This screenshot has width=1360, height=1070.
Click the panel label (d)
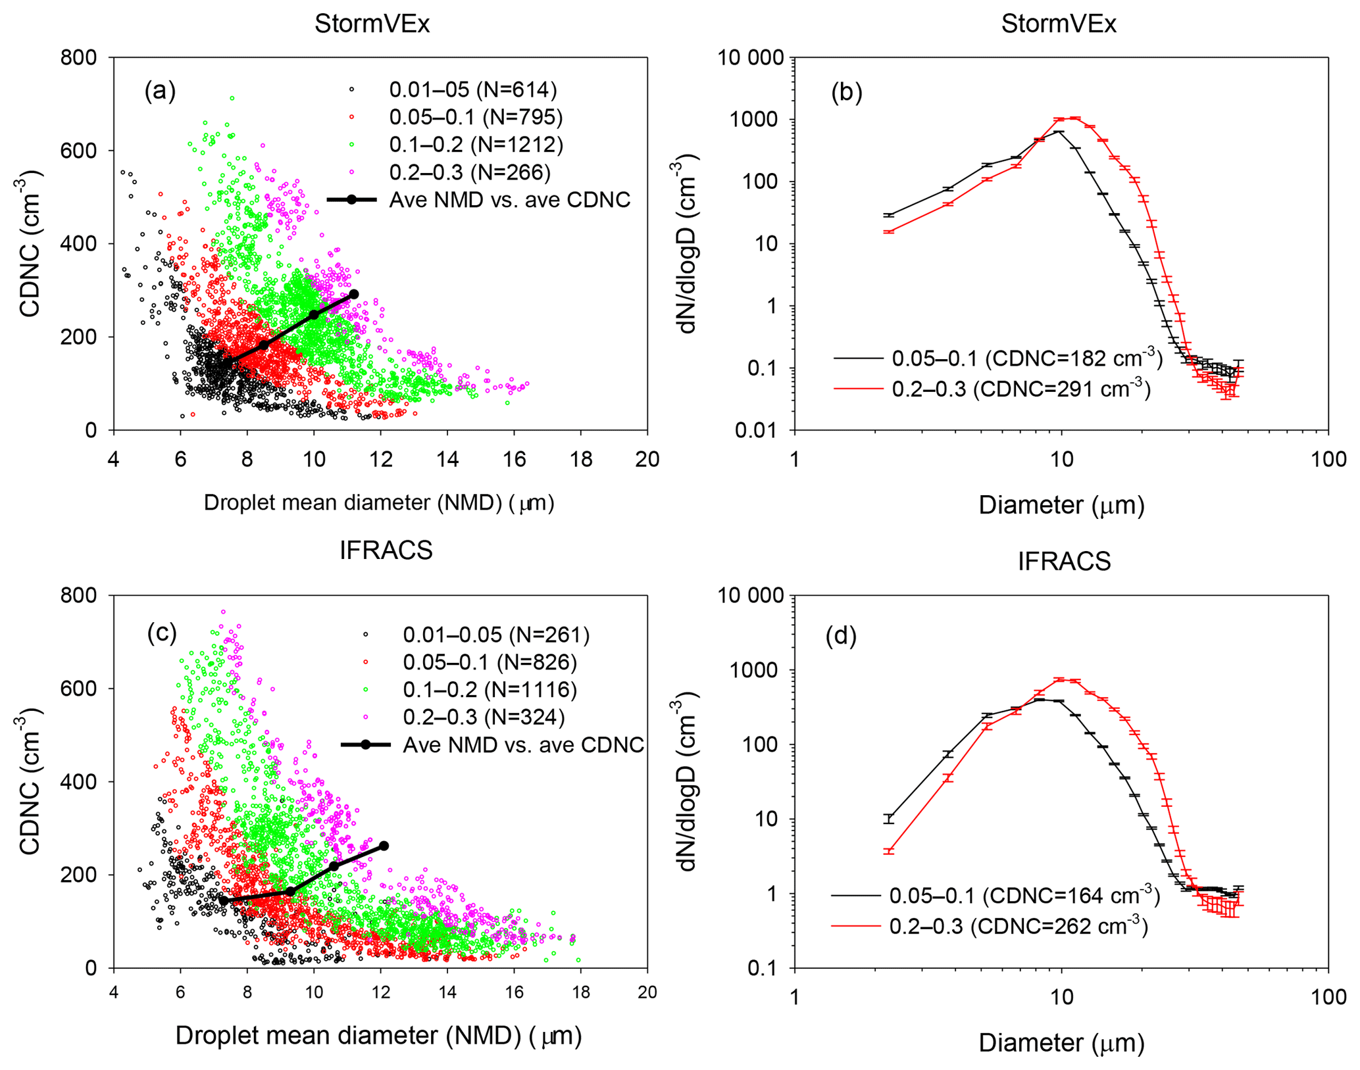coord(841,636)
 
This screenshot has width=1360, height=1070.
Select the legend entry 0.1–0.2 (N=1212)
coord(476,144)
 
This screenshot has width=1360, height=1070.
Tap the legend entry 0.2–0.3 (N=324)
coord(484,716)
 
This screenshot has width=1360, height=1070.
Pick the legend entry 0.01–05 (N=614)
coord(472,89)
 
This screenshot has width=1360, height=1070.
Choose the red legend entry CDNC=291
coord(1020,389)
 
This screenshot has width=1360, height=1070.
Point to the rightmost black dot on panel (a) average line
coord(353,294)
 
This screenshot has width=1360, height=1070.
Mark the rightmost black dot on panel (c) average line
coord(384,846)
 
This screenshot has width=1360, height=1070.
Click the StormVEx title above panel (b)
coord(1058,24)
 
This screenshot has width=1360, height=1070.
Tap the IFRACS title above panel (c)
coord(386,550)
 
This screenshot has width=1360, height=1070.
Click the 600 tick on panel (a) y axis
coord(78,151)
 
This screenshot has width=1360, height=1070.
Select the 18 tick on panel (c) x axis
coord(580,992)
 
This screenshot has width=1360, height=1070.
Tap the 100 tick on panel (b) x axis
coord(1328,459)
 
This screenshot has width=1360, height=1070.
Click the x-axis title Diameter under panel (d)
coord(1061,1042)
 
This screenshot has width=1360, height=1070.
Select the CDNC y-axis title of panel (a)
coord(30,243)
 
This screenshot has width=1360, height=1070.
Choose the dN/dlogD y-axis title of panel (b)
coord(687,243)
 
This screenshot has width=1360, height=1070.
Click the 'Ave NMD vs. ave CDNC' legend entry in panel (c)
coord(523,744)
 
